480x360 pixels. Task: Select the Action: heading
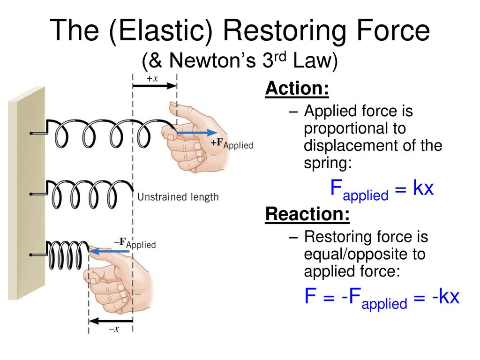tap(297, 89)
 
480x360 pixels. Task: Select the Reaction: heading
tap(307, 214)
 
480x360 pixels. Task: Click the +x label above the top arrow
tap(152, 79)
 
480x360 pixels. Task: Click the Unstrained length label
tap(178, 197)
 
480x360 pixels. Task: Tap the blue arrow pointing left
tap(110, 252)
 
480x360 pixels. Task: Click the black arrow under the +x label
tap(154, 86)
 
